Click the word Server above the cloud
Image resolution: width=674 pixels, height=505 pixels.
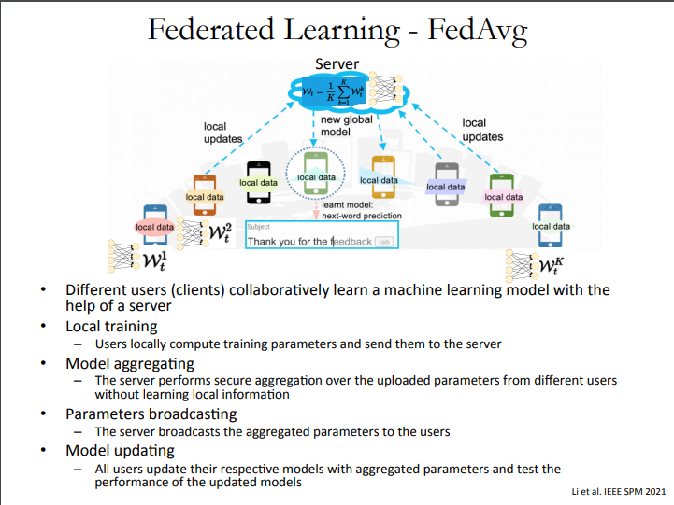337,64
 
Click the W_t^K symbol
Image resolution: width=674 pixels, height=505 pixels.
552,266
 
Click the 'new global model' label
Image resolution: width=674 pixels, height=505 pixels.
346,126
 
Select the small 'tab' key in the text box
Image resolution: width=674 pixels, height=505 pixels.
384,242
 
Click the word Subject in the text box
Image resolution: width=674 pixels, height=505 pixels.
257,227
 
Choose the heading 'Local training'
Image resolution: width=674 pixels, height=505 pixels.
111,327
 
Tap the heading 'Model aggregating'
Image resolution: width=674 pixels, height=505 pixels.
130,363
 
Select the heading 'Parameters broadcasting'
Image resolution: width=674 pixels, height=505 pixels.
151,414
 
